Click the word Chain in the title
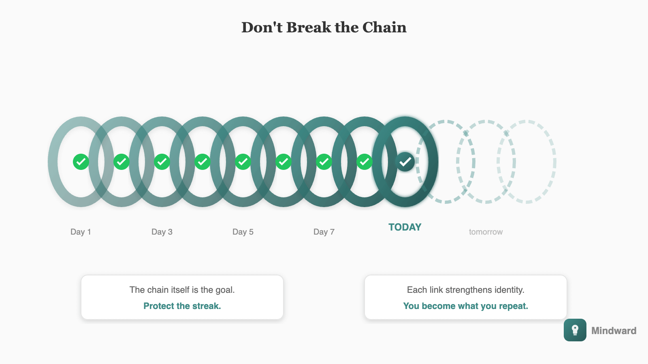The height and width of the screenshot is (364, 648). point(384,28)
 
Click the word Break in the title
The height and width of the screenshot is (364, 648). point(309,28)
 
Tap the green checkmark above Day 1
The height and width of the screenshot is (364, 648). point(81,162)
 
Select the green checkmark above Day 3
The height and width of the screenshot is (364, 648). point(162,162)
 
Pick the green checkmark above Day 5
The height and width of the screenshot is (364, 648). point(243,162)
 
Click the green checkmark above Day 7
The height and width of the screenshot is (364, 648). point(324,162)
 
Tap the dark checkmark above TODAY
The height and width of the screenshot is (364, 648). point(405,162)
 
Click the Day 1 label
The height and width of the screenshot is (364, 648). point(81,232)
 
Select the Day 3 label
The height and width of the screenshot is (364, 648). point(162,232)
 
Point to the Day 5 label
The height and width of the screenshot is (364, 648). point(243,232)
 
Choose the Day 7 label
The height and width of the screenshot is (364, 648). point(324,232)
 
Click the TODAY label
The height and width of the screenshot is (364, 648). point(405,227)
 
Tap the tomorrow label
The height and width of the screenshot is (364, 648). point(486,232)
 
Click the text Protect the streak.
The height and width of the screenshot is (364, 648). point(182,306)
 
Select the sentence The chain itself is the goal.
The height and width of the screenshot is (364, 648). point(182,290)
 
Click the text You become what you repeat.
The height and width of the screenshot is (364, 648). point(466,306)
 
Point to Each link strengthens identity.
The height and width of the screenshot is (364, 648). point(466,290)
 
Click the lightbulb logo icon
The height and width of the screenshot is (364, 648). point(575,330)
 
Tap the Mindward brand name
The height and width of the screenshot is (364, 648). point(614,331)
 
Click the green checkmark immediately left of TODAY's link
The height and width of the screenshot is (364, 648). point(364,162)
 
